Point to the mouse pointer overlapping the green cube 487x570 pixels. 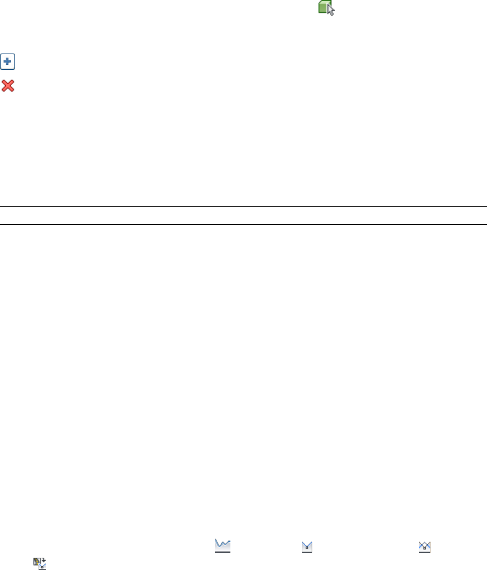point(331,11)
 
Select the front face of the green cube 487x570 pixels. point(322,9)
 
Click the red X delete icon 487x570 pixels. point(8,85)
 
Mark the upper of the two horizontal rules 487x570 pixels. point(243,207)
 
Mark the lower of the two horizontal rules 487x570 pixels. point(243,224)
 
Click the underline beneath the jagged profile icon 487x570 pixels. point(223,552)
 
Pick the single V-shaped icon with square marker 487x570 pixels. point(306,548)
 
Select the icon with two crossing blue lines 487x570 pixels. point(425,547)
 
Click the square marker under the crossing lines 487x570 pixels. point(425,550)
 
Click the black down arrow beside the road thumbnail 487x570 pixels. point(44,560)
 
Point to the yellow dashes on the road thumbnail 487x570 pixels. point(37,561)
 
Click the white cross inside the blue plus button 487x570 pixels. point(8,61)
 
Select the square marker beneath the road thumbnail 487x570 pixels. point(42,568)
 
